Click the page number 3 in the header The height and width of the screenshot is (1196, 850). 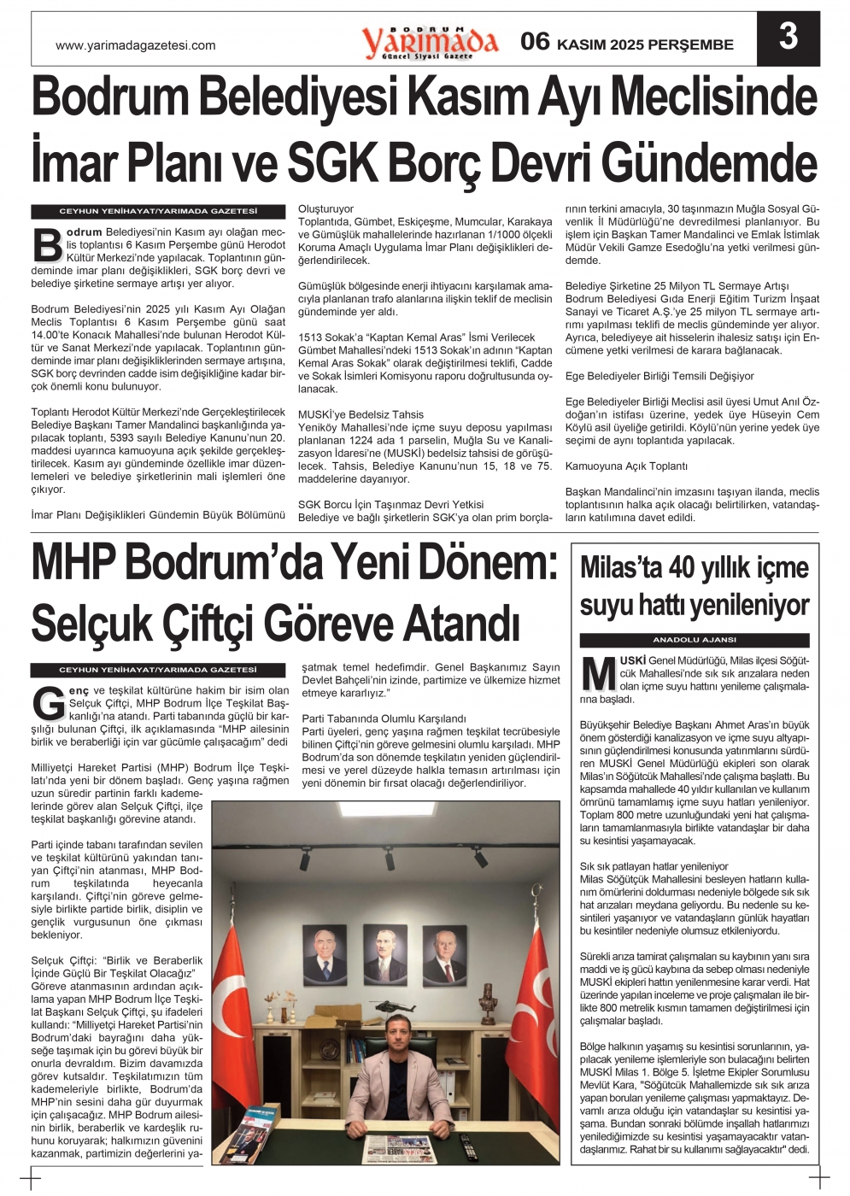point(788,38)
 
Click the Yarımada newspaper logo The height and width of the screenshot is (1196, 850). point(429,41)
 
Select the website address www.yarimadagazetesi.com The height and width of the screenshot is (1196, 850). point(135,46)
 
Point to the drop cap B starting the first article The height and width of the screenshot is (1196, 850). point(47,244)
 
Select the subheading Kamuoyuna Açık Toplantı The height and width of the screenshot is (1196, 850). point(626,466)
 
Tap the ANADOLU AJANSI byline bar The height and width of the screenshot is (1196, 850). point(694,640)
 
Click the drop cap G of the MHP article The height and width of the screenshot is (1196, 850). point(49,703)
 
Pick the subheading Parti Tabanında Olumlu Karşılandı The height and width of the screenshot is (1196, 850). point(384,719)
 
